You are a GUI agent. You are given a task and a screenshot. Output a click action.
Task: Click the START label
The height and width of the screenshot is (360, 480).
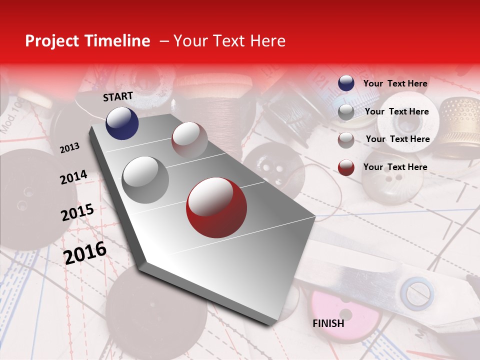[118, 96]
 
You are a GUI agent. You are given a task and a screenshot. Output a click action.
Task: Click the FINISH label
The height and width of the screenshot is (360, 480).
[328, 323]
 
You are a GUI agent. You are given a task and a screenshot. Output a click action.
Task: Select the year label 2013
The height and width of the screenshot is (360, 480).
[69, 147]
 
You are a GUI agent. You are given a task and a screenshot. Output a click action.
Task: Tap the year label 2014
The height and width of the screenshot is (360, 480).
[73, 177]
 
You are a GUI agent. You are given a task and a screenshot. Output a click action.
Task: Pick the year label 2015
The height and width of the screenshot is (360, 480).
[77, 212]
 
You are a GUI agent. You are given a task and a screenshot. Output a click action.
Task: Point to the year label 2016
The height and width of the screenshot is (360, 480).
[85, 252]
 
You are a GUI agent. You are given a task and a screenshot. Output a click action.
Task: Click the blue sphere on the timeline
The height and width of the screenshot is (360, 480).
[122, 123]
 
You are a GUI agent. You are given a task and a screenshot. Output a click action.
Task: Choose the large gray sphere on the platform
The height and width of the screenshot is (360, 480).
[145, 179]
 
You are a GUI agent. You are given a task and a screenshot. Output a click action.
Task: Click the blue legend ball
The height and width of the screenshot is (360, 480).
[346, 83]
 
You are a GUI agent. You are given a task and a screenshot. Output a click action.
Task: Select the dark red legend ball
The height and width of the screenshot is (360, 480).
[346, 167]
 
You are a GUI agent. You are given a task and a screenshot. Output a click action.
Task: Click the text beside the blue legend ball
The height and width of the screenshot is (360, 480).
[395, 83]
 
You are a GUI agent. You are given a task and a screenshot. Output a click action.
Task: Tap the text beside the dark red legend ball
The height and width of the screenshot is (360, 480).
[395, 167]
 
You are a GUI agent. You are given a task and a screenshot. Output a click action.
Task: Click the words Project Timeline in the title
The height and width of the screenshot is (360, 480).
[87, 41]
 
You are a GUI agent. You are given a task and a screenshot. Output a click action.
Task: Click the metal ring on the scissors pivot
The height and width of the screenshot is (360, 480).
[419, 293]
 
